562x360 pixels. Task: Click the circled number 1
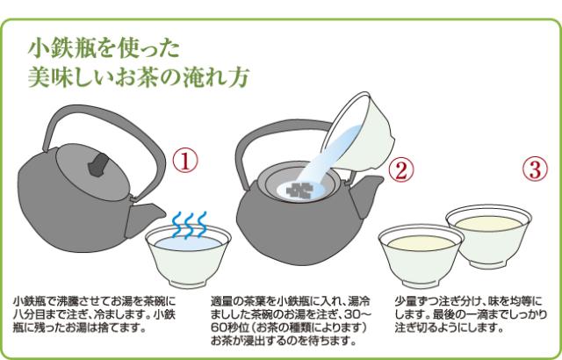185,162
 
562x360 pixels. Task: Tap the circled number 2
401,169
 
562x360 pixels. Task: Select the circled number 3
535,169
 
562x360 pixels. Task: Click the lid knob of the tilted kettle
98,164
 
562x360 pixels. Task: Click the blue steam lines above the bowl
190,224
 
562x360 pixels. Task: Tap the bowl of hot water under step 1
188,256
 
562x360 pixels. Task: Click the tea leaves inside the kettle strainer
300,189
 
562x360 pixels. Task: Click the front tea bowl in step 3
421,256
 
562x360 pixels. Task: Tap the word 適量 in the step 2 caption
222,300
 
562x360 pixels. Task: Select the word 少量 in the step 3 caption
407,300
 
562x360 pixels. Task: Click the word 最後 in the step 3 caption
445,314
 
